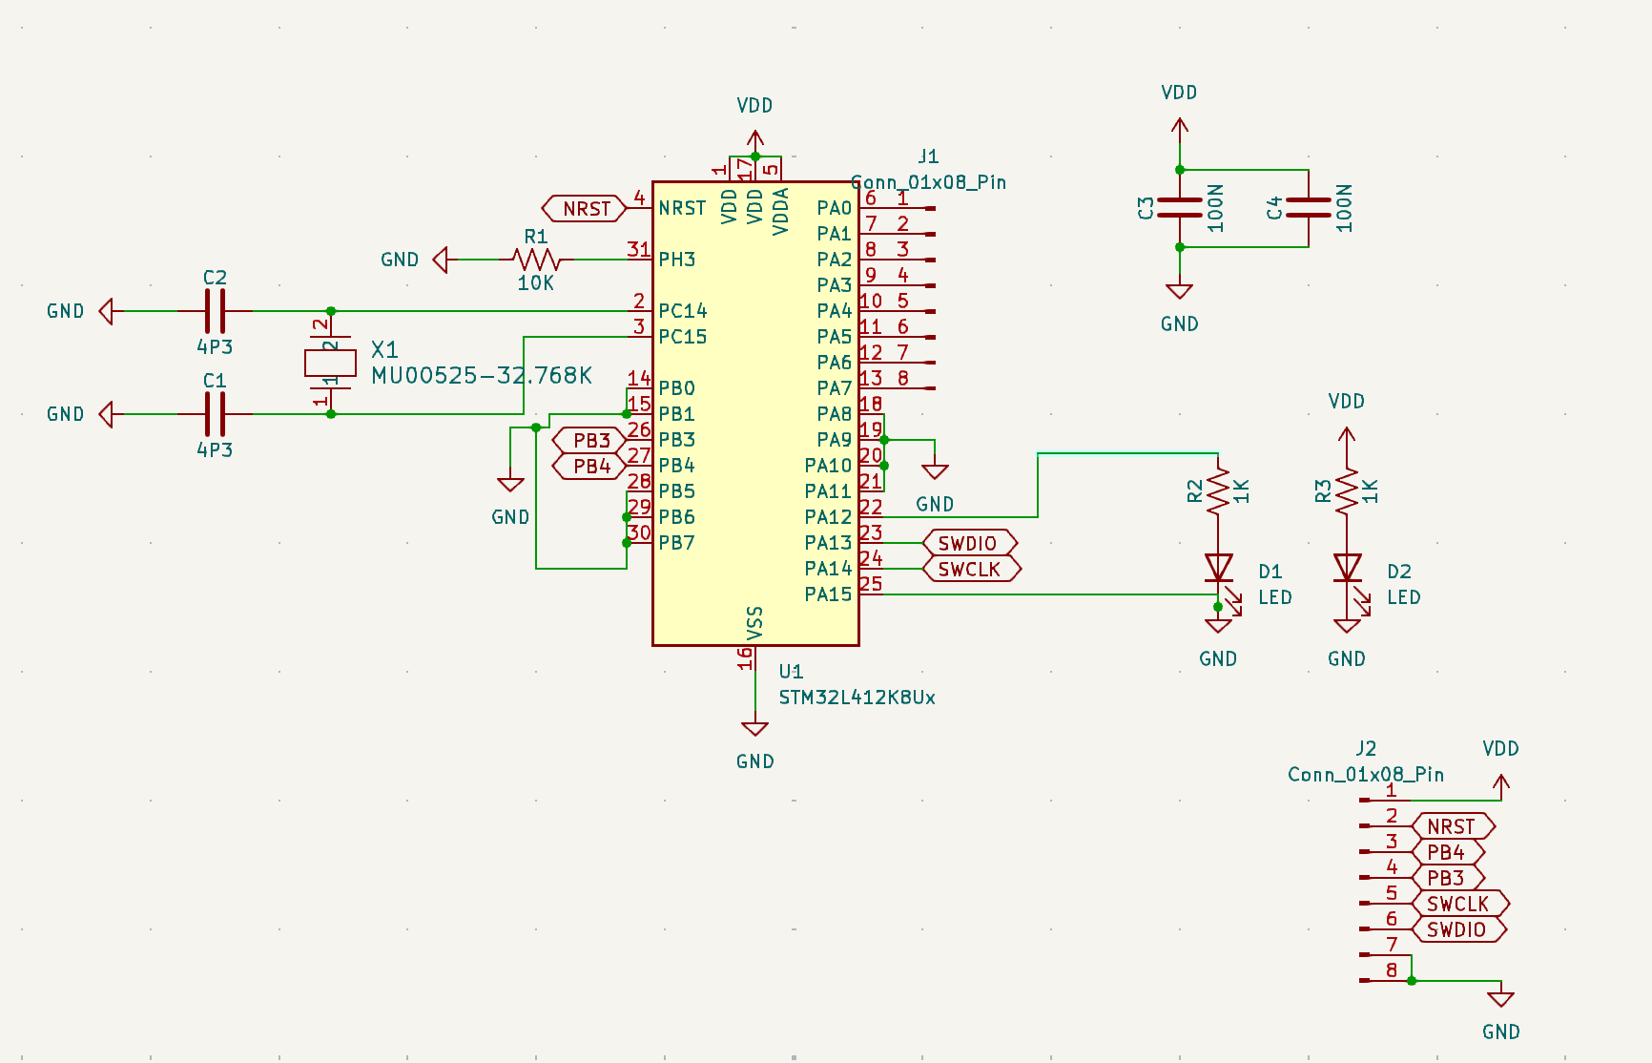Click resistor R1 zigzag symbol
click(536, 259)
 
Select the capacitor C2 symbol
click(216, 311)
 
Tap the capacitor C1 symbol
click(216, 414)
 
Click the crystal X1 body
click(330, 363)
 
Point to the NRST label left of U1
click(585, 208)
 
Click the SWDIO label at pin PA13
click(968, 543)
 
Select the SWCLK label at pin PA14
click(970, 569)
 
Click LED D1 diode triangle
click(1218, 568)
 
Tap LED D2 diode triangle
click(1347, 568)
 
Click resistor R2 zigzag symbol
click(1218, 490)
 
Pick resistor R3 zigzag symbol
click(1347, 490)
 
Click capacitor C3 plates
click(1180, 208)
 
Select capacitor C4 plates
click(1309, 208)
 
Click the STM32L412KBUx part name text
click(857, 698)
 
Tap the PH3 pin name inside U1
click(676, 260)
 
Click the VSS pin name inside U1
click(754, 622)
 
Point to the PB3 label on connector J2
click(1446, 878)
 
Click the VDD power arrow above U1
click(754, 137)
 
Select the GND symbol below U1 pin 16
click(754, 730)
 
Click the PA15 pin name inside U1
click(827, 594)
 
